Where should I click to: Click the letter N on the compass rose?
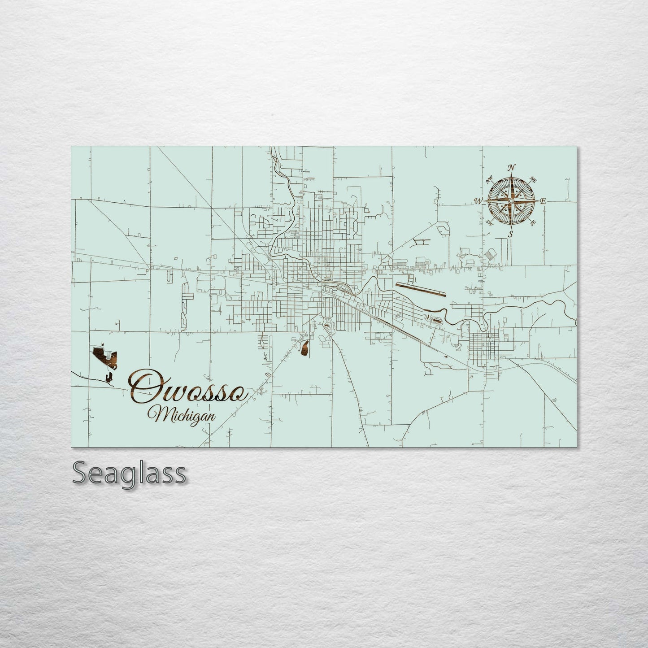(510, 168)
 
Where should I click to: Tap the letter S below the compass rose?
(510, 235)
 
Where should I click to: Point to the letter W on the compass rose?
(478, 201)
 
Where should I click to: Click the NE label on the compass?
(533, 180)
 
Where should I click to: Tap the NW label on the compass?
(489, 181)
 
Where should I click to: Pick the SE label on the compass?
(533, 222)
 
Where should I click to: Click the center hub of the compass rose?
(510, 201)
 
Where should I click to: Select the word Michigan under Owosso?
(184, 415)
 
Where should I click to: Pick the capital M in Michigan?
(160, 415)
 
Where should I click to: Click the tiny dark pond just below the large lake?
(109, 378)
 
